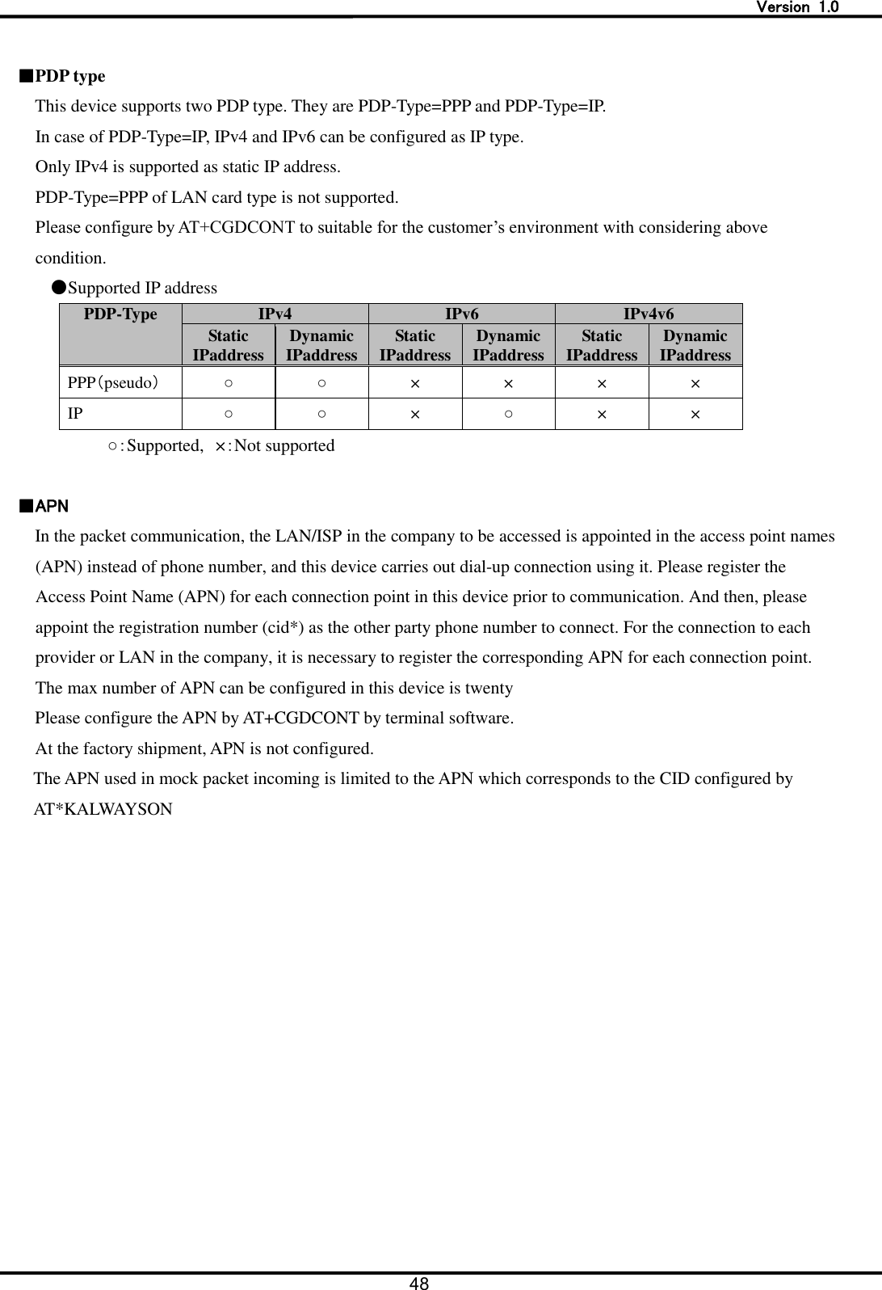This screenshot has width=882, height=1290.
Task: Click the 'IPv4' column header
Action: click(275, 314)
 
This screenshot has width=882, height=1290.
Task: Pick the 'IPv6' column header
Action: click(462, 314)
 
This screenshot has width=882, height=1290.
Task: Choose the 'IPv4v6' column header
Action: click(649, 314)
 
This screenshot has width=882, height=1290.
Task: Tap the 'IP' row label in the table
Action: click(74, 414)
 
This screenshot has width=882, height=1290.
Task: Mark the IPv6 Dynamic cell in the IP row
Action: click(508, 414)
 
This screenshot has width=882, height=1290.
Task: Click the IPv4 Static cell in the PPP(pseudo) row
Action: click(229, 383)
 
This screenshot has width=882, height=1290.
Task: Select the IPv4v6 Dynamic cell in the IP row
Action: click(695, 414)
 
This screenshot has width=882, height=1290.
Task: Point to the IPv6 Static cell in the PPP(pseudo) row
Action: click(415, 383)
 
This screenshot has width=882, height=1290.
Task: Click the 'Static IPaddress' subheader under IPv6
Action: click(415, 345)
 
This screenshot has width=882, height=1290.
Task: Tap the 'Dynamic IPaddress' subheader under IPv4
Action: click(321, 345)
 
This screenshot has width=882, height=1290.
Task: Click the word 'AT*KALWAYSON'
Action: click(103, 809)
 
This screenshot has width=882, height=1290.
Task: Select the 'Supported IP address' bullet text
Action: click(142, 289)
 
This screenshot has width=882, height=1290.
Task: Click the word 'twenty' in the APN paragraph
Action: click(488, 689)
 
